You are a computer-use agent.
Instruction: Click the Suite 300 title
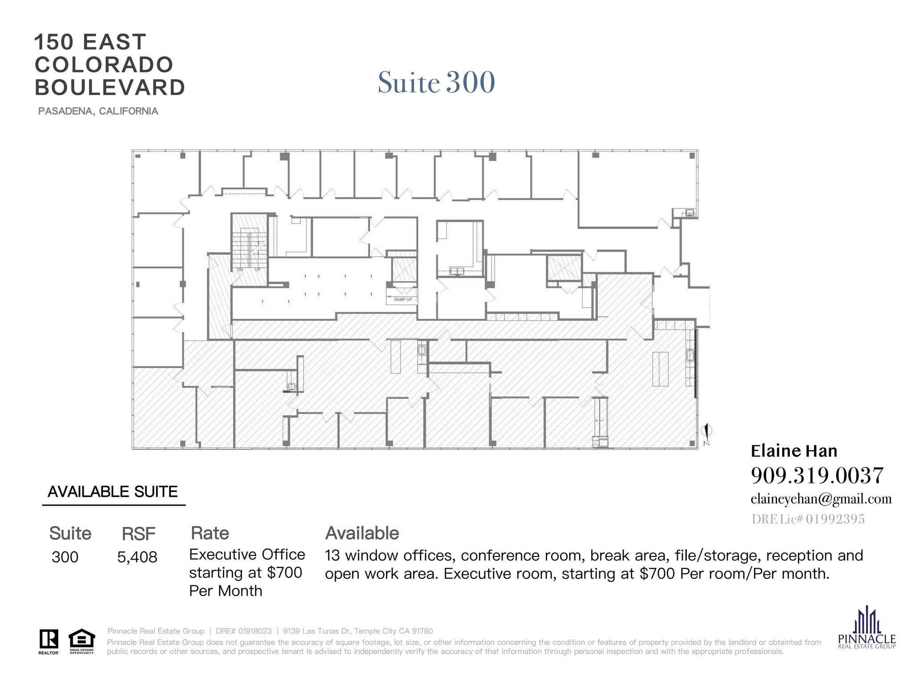pos(436,83)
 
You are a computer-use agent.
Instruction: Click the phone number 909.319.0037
pos(817,476)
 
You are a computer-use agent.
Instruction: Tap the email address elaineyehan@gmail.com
pos(821,499)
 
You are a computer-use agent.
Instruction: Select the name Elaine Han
pos(794,451)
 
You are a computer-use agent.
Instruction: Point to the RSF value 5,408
pos(137,557)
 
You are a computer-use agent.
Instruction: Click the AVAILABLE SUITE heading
pos(113,492)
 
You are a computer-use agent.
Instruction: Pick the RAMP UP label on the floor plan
pos(403,300)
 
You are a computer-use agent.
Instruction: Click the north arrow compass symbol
pos(706,431)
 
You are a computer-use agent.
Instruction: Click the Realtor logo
pos(48,641)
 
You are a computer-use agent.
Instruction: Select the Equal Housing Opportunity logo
pos(81,641)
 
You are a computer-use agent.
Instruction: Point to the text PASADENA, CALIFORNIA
pos(98,111)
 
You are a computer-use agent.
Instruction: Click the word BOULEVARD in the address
pos(110,88)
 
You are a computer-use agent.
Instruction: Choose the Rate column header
pos(210,533)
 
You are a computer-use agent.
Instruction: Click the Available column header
pos(362,533)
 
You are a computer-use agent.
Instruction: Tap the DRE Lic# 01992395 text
pos(808,519)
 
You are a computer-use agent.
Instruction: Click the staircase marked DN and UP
pos(249,249)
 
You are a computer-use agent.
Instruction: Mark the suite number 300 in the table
pos(65,557)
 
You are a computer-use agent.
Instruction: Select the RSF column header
pos(138,534)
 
